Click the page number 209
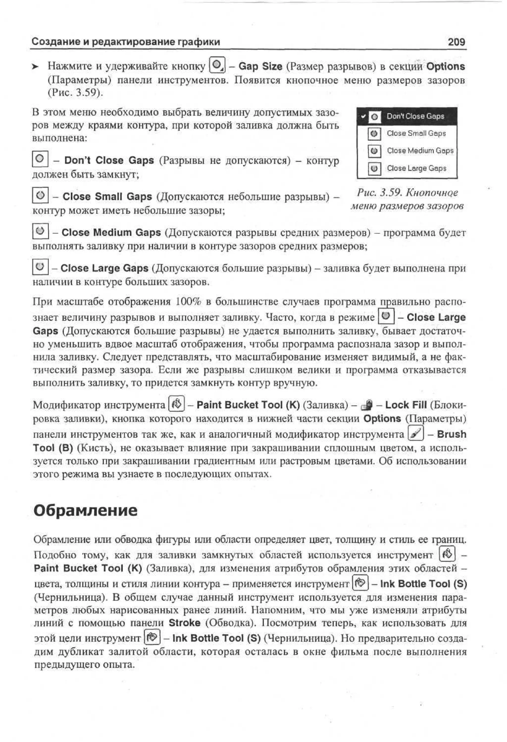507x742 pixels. (x=456, y=42)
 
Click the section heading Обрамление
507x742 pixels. (x=85, y=510)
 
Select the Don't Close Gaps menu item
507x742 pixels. (x=415, y=116)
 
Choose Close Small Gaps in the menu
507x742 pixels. (x=416, y=134)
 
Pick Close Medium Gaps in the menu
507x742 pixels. (x=420, y=150)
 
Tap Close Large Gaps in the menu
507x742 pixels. (x=416, y=168)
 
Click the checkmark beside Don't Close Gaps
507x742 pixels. (x=363, y=116)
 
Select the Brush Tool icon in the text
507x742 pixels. (x=416, y=434)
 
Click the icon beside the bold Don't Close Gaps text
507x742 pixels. (x=40, y=159)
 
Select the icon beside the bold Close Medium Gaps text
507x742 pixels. (x=40, y=231)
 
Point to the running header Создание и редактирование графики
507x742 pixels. (x=126, y=42)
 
